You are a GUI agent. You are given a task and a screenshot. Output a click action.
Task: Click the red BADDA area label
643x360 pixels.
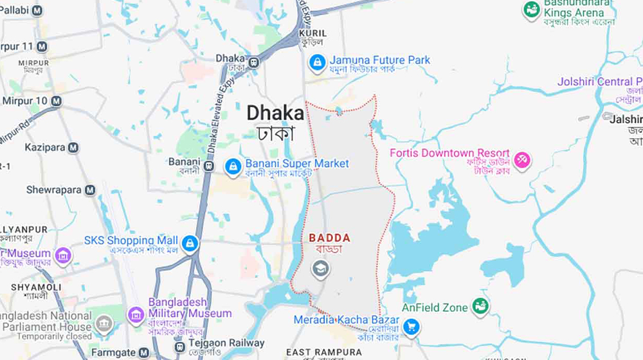click(330, 238)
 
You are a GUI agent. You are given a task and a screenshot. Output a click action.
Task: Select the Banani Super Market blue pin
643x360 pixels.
click(233, 166)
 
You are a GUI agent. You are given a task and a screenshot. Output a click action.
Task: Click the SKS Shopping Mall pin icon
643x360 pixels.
click(189, 244)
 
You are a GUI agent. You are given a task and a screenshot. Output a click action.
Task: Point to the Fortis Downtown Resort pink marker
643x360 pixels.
click(522, 159)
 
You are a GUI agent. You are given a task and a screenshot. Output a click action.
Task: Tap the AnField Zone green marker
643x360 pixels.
click(480, 307)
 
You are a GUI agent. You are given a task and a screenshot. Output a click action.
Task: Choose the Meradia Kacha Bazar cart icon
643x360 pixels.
click(412, 328)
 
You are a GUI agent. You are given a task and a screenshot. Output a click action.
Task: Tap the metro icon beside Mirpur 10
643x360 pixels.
click(57, 101)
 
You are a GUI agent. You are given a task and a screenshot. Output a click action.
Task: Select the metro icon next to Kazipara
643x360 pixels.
click(73, 148)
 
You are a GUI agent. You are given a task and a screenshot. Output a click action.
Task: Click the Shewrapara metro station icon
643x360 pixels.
click(90, 190)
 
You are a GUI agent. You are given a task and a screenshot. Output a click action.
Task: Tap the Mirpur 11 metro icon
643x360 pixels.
click(42, 47)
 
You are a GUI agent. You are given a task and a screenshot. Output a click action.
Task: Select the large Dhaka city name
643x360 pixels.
click(275, 114)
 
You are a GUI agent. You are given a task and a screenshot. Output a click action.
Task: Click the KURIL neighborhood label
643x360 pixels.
click(313, 33)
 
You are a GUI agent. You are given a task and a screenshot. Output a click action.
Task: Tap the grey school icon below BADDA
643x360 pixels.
click(320, 269)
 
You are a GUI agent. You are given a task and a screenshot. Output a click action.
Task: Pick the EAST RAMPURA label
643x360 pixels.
click(324, 352)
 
